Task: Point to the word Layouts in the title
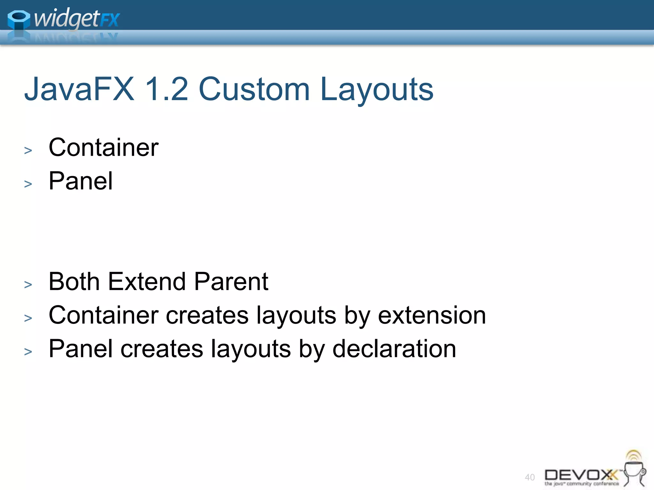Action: (376, 90)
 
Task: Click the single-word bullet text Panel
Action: (80, 181)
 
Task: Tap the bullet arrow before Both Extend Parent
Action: (28, 284)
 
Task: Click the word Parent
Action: (231, 282)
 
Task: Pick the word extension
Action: (432, 315)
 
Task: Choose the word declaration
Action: (394, 349)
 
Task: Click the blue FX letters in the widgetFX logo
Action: (110, 20)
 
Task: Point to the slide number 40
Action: (530, 477)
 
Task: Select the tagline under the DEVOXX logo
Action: (582, 484)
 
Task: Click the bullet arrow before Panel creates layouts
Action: (28, 351)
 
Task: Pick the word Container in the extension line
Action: (103, 315)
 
